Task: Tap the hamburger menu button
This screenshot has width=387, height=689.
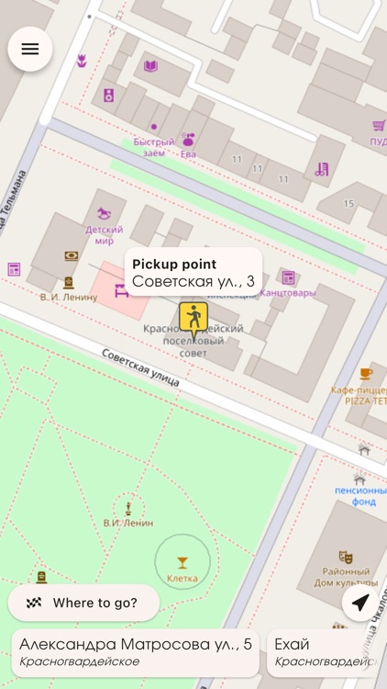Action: tap(30, 50)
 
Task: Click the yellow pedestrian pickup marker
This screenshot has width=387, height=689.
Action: tap(193, 318)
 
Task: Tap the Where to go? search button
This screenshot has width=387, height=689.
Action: tap(84, 603)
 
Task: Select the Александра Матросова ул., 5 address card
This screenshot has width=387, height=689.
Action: tap(135, 651)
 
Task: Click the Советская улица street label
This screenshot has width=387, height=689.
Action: tap(140, 366)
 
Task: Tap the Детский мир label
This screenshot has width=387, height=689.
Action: tap(105, 235)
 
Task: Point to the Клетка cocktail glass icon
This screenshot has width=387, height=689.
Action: tap(182, 562)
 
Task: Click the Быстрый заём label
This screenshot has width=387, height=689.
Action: tap(153, 147)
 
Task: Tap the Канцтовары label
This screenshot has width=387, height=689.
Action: tap(287, 293)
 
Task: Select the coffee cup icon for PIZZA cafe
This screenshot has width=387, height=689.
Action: tap(366, 373)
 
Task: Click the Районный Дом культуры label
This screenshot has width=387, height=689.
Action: tap(347, 577)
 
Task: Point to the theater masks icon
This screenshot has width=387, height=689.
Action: tap(346, 557)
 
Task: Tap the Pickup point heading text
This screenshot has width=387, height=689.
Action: tap(174, 265)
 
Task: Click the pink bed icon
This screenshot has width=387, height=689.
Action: tap(121, 291)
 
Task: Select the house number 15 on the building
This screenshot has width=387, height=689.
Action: tap(348, 203)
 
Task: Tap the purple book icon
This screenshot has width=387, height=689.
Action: tap(150, 66)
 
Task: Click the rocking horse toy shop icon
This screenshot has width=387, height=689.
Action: tap(105, 214)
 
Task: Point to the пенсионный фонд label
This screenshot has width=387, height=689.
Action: tap(359, 496)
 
